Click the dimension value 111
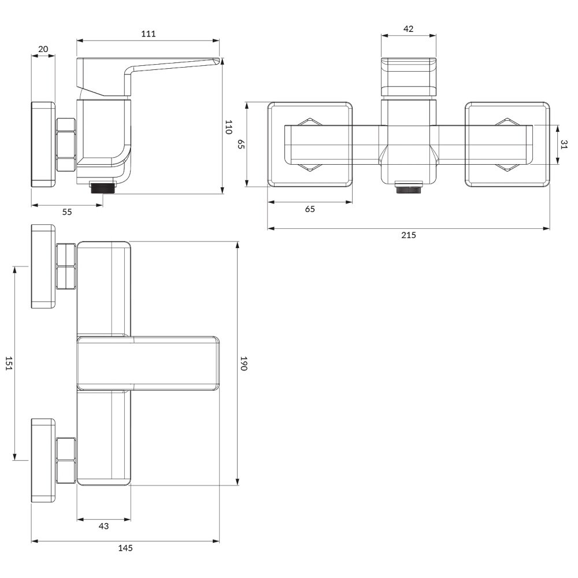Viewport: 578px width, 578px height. point(148,34)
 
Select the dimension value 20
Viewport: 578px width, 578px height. point(43,49)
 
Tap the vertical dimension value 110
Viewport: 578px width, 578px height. point(228,127)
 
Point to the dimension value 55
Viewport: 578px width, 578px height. point(67,212)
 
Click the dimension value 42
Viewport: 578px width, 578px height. point(409,29)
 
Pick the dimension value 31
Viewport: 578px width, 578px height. point(564,144)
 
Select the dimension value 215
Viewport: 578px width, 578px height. point(409,235)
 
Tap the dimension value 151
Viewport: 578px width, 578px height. point(9,364)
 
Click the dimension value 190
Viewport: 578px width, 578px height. point(243,364)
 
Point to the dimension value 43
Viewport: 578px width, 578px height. point(103,526)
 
